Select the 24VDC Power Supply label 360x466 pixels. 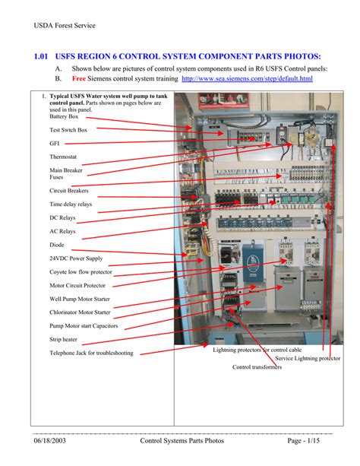(77, 258)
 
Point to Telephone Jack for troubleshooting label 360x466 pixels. (91, 353)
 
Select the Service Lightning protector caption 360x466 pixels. (308, 358)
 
